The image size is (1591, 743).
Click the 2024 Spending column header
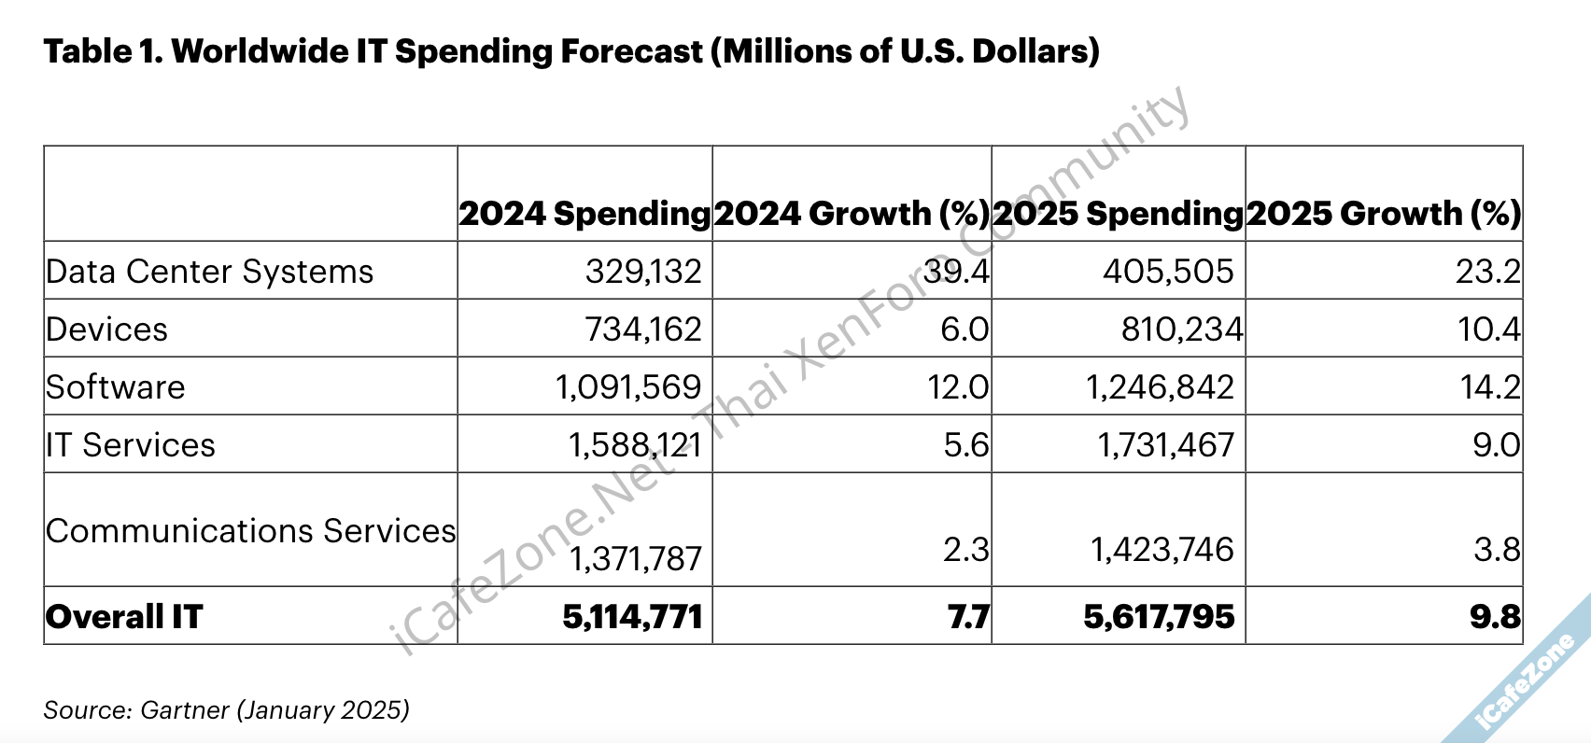pyautogui.click(x=584, y=214)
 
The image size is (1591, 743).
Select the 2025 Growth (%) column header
pyautogui.click(x=1384, y=214)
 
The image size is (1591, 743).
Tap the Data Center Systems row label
pyautogui.click(x=209, y=272)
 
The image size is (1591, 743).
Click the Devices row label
pyautogui.click(x=106, y=329)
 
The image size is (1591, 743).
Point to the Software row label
pyautogui.click(x=115, y=387)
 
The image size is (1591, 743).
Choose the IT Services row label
pyautogui.click(x=130, y=445)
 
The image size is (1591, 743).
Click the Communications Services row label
pyautogui.click(x=250, y=531)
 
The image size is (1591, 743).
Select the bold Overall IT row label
pyautogui.click(x=123, y=617)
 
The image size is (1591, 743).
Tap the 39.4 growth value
pyautogui.click(x=956, y=272)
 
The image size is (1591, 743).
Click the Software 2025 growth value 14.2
pyautogui.click(x=1490, y=387)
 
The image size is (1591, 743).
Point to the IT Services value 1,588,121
pyautogui.click(x=634, y=445)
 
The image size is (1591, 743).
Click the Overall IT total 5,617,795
pyautogui.click(x=1159, y=617)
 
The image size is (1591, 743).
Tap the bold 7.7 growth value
pyautogui.click(x=968, y=617)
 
